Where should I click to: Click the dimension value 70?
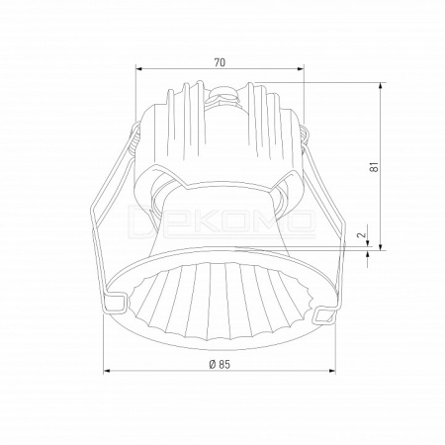[x=220, y=62]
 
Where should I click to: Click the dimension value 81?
[x=374, y=167]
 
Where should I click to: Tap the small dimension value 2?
[x=362, y=234]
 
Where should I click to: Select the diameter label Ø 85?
[x=220, y=364]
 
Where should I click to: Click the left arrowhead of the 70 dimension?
[x=138, y=69]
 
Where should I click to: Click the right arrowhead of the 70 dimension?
[x=301, y=69]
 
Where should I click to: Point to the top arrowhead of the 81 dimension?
[x=381, y=85]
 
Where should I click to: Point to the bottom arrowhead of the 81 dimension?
[x=381, y=247]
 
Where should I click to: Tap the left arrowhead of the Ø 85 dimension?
[x=107, y=371]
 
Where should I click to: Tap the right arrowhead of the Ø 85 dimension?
[x=332, y=371]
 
